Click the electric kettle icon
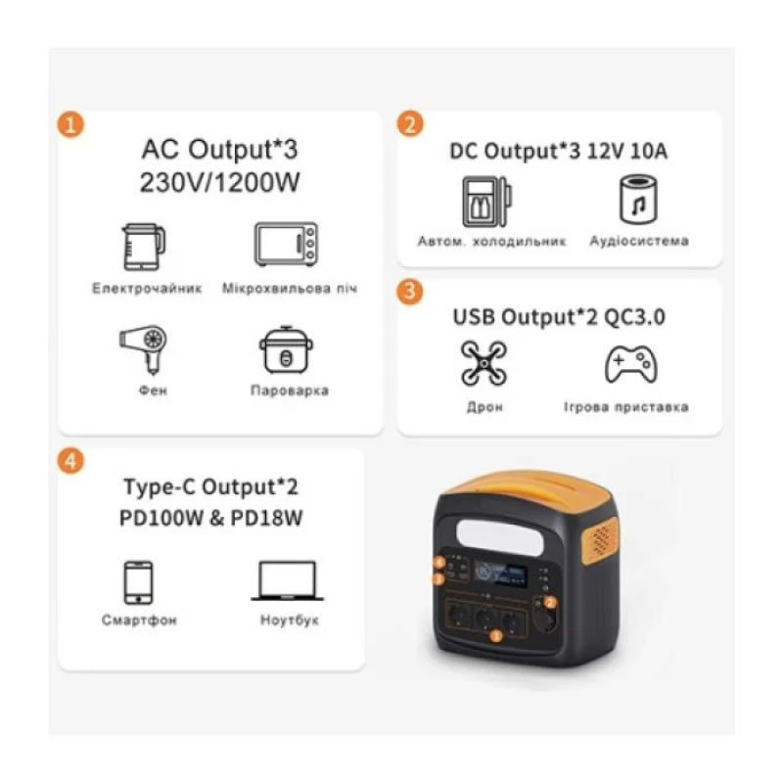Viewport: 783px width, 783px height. [144, 247]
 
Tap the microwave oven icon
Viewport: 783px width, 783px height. [286, 244]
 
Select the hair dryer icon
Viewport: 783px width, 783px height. [144, 349]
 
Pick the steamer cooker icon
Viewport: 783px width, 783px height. [286, 349]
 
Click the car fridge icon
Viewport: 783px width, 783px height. [486, 202]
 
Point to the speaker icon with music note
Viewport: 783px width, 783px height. [639, 200]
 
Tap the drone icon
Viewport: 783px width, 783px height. [484, 363]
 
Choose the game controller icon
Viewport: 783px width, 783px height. [631, 364]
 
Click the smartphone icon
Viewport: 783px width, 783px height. [138, 582]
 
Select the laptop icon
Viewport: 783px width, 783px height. [288, 580]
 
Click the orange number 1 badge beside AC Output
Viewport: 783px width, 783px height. [70, 124]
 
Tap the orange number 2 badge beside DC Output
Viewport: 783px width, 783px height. [410, 124]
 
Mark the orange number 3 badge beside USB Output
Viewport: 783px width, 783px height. [410, 292]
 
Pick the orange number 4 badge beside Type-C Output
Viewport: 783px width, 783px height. [70, 461]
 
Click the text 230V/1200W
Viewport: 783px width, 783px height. [219, 183]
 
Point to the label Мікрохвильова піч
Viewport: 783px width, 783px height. [290, 289]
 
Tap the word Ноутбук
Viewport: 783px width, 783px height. [290, 621]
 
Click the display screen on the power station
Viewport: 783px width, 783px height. [500, 575]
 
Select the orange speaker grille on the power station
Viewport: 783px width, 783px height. [601, 540]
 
